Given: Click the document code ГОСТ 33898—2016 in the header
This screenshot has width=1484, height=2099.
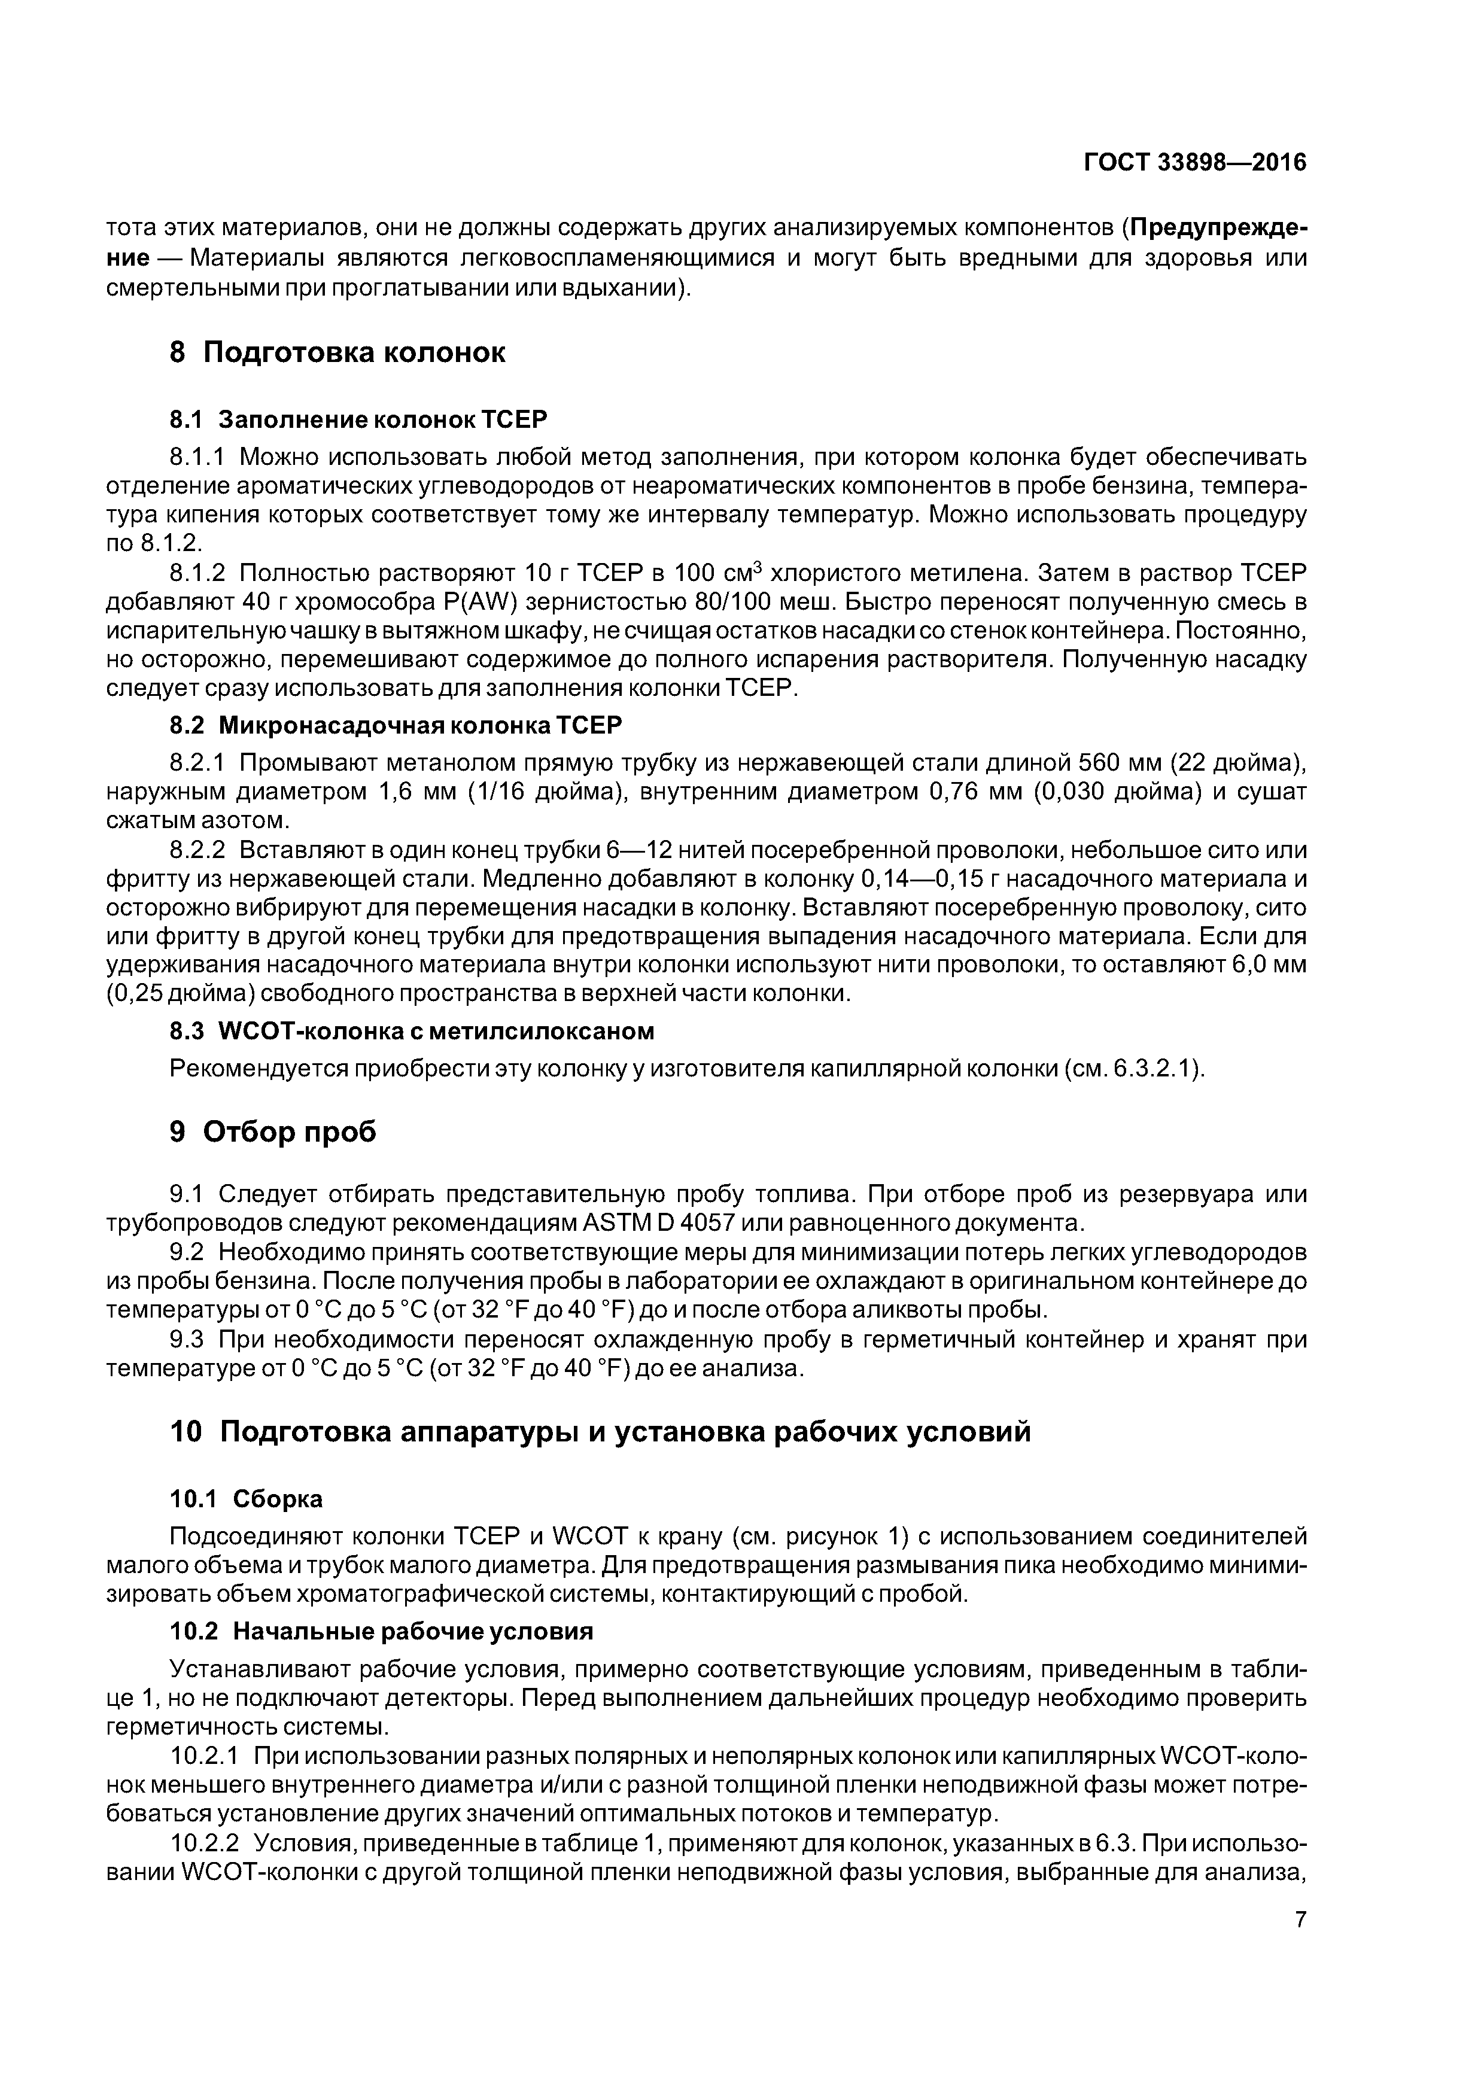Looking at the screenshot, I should [x=1194, y=163].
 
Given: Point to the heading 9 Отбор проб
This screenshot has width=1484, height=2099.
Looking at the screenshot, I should [x=272, y=1132].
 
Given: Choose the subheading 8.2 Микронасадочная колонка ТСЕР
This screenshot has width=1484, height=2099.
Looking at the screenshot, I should [x=395, y=725].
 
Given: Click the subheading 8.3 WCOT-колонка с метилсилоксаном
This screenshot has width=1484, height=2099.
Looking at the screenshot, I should [x=412, y=1030].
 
